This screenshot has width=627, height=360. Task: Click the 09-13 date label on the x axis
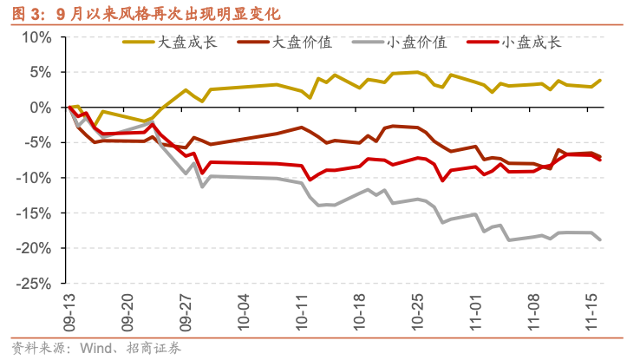click(69, 310)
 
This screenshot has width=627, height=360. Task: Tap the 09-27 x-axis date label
click(185, 310)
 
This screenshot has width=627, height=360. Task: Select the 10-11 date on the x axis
click(301, 310)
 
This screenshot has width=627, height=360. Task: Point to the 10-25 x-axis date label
click(417, 310)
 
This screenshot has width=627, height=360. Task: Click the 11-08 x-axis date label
click(533, 310)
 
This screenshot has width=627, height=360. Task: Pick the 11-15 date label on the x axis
click(592, 310)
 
